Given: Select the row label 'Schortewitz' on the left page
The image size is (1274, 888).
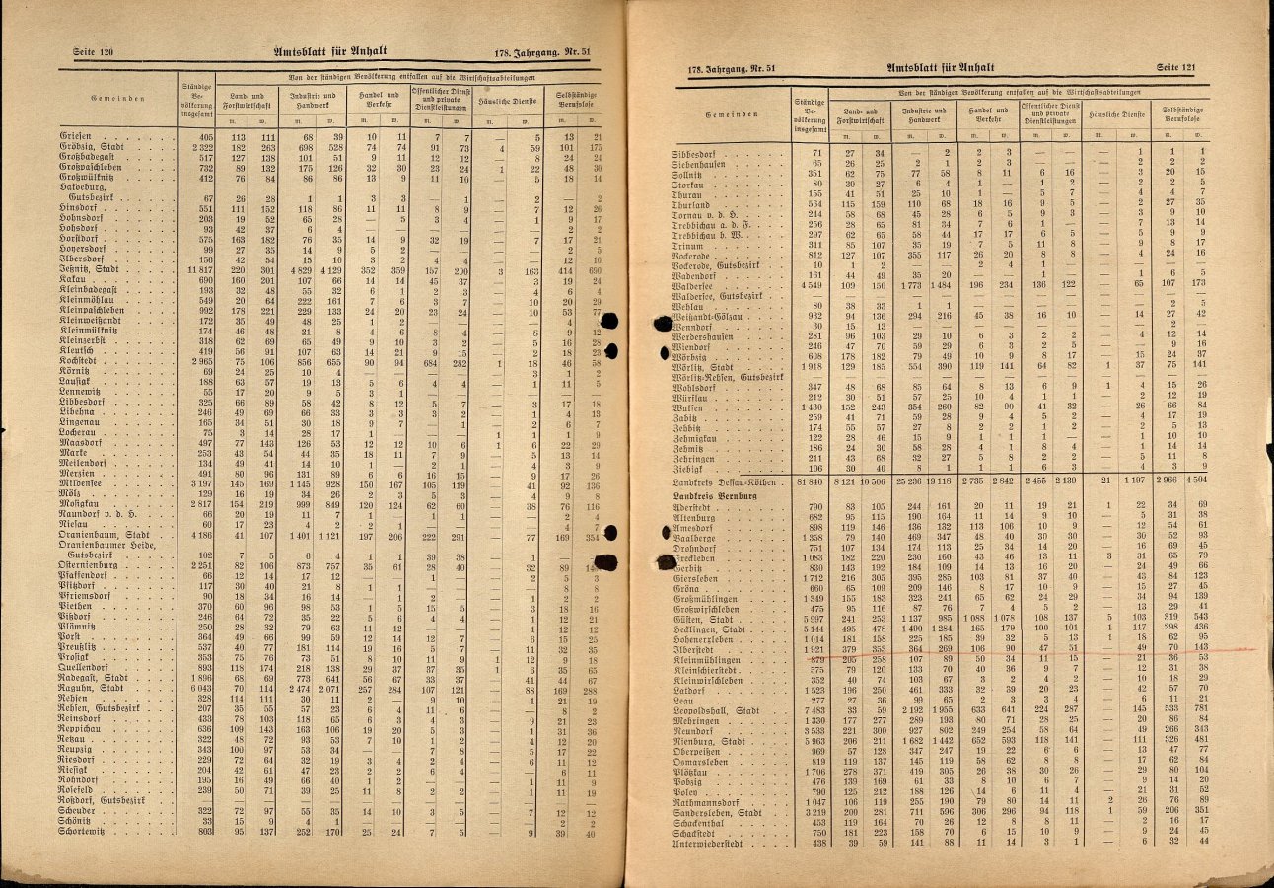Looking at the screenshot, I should click(88, 832).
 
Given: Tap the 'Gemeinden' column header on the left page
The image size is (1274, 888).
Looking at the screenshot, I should click(117, 99).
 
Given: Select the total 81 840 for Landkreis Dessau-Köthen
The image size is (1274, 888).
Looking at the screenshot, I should click(808, 481).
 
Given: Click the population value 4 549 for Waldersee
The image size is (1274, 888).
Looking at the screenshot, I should click(809, 284).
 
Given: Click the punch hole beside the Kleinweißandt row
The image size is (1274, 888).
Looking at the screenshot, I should click(610, 320).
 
